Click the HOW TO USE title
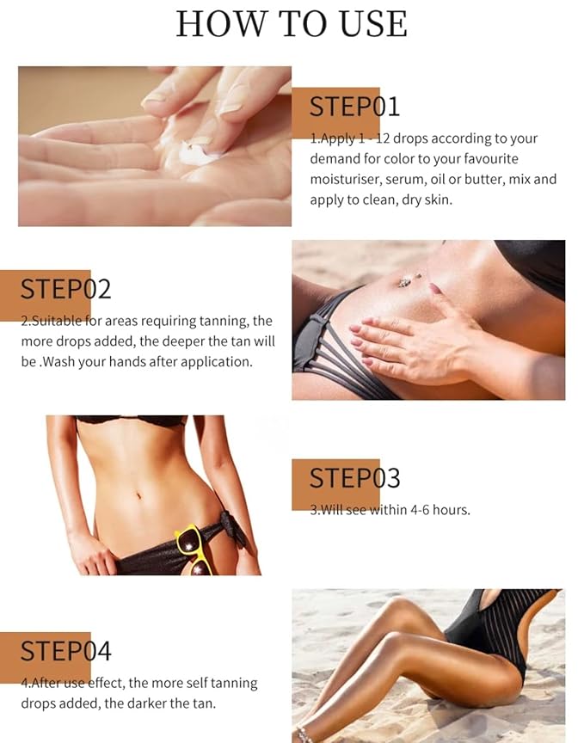[x=292, y=23]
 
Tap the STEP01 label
[x=354, y=107]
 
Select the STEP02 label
[x=66, y=289]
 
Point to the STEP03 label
[x=354, y=478]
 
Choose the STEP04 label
[x=66, y=651]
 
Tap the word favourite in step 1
[x=509, y=158]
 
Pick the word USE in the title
[x=368, y=23]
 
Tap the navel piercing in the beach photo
[x=404, y=279]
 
